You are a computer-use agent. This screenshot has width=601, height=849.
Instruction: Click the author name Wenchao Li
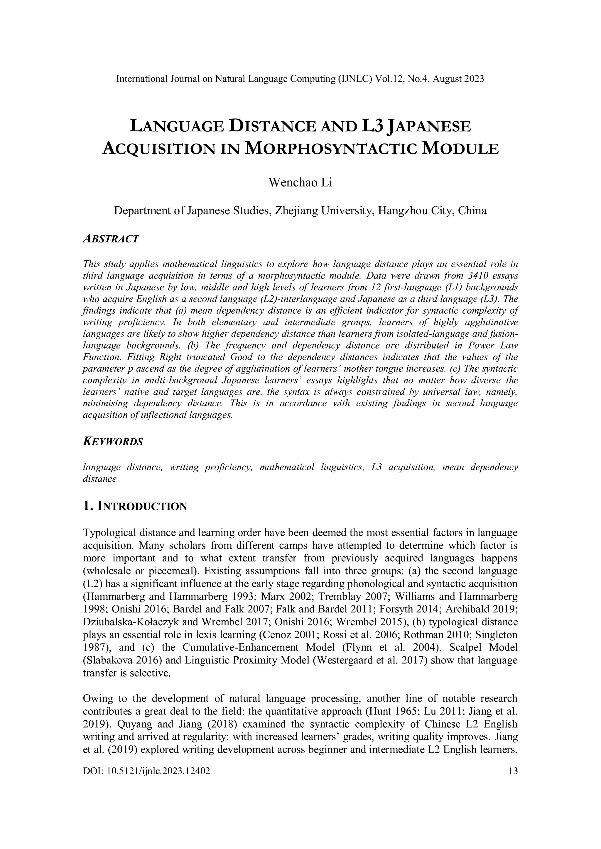(300, 183)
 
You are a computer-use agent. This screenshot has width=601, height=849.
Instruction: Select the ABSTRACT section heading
(111, 239)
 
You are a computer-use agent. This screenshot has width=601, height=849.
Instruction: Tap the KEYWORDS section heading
(113, 442)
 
